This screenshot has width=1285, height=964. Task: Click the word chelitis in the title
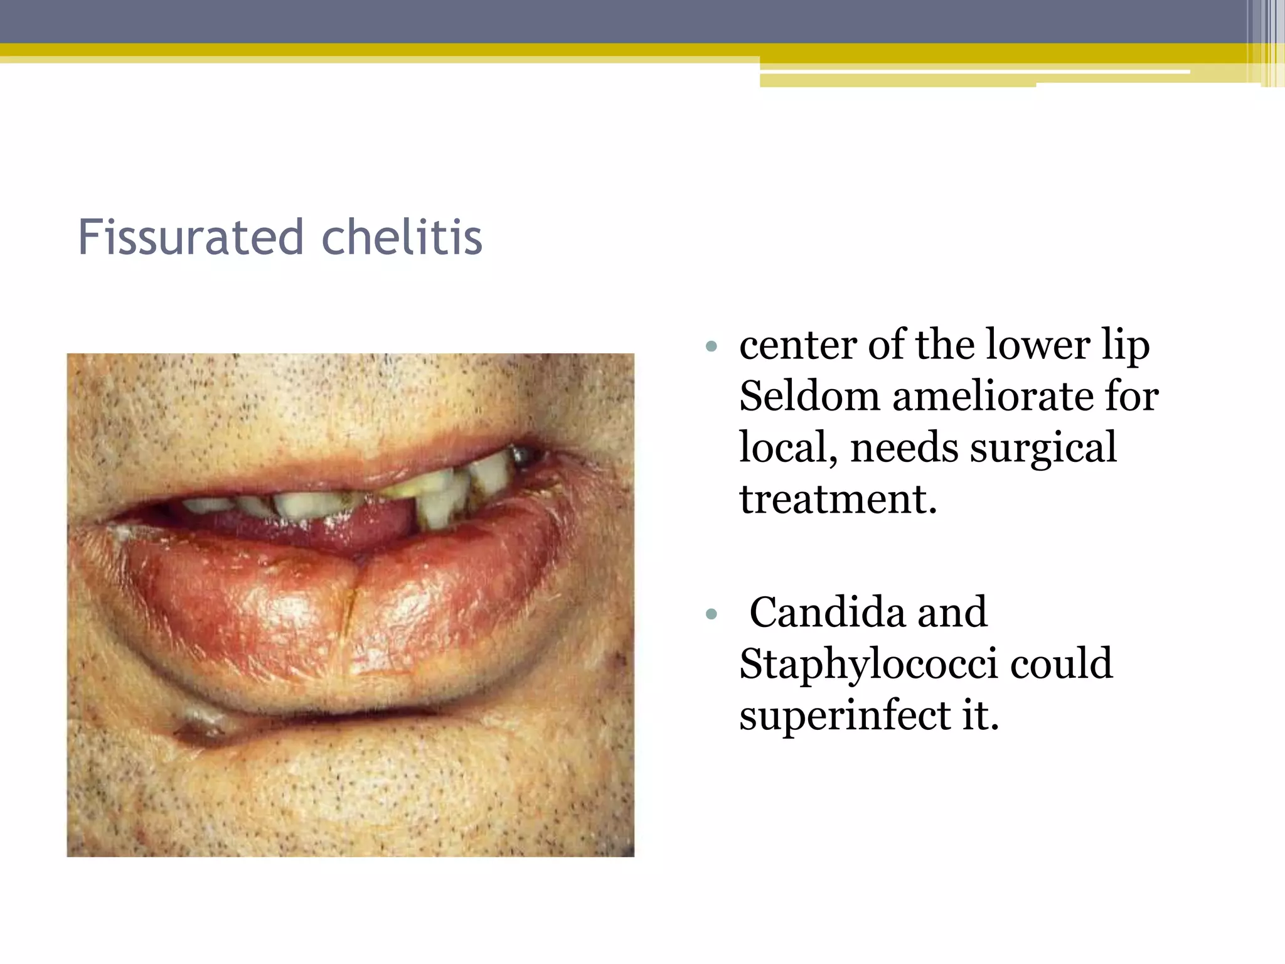(402, 238)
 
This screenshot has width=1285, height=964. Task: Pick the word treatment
(838, 500)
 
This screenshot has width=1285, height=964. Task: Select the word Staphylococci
(868, 664)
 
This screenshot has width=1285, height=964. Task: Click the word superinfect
(845, 715)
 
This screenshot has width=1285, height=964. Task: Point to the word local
(787, 448)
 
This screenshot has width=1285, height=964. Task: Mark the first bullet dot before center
(711, 346)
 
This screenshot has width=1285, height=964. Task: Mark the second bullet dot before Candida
(711, 614)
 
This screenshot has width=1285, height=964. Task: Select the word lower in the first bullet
(1038, 346)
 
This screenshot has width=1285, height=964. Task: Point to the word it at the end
(980, 715)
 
